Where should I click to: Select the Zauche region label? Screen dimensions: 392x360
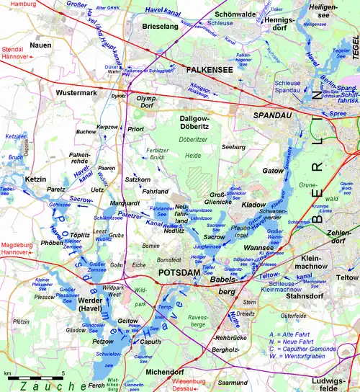(x=36, y=387)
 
